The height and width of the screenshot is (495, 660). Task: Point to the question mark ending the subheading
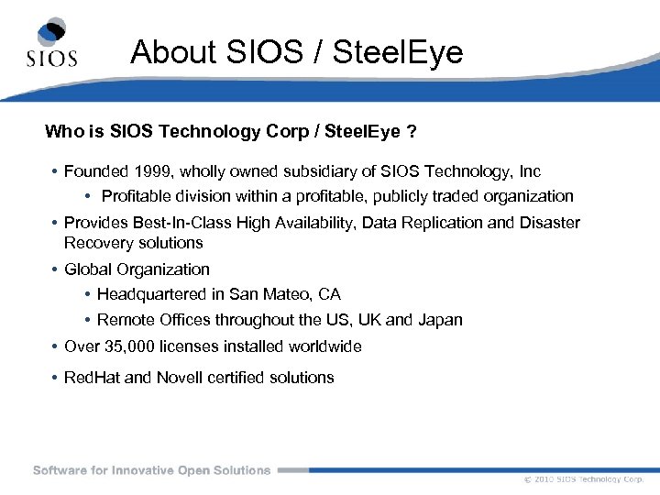412,132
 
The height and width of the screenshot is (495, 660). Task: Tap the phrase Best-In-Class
179,223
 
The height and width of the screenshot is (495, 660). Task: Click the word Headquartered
151,294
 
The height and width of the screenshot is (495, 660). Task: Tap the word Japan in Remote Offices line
440,320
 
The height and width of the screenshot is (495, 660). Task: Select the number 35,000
130,346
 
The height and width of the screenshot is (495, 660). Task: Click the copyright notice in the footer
584,479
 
